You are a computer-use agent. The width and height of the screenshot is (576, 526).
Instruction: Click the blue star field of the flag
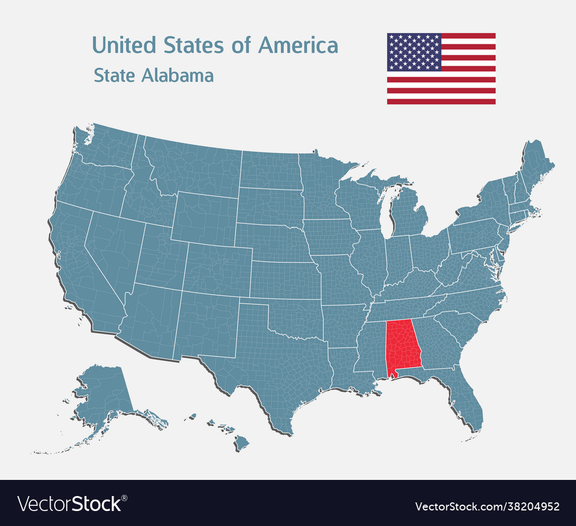(x=414, y=52)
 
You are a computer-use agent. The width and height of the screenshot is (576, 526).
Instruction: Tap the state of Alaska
(x=104, y=392)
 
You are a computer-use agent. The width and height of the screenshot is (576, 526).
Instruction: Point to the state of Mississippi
(x=371, y=351)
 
